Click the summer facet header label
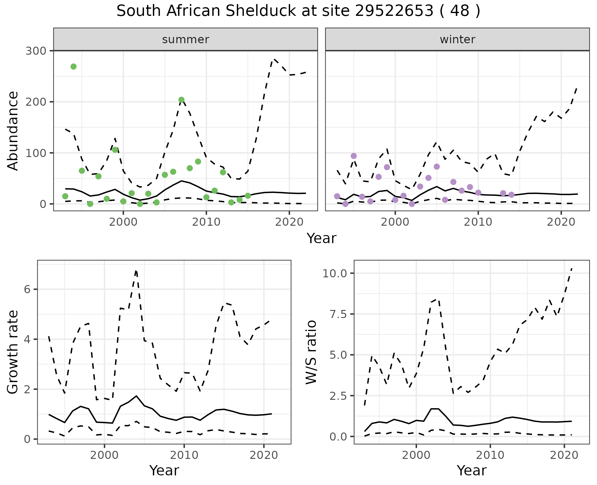(186, 39)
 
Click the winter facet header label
(457, 39)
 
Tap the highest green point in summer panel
(73, 67)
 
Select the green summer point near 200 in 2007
(182, 100)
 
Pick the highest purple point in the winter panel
(354, 156)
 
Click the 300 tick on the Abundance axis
(35, 51)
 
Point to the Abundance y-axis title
(13, 131)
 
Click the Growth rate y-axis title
(13, 352)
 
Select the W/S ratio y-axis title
(311, 352)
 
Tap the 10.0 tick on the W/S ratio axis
(334, 273)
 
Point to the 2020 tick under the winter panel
(561, 222)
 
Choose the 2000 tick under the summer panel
(123, 222)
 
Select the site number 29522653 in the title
(394, 11)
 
